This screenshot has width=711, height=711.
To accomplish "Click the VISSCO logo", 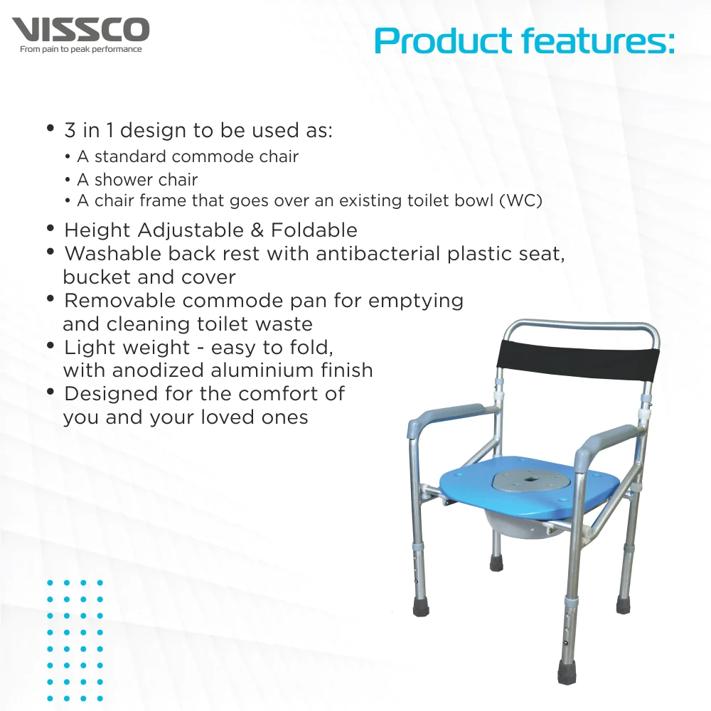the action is tap(80, 30).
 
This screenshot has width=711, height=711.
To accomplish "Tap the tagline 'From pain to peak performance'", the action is tap(81, 50).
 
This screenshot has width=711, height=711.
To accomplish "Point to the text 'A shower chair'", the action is tap(137, 180).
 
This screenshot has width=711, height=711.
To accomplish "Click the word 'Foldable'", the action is tap(314, 230).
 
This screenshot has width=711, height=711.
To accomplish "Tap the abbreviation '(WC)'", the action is tap(520, 201).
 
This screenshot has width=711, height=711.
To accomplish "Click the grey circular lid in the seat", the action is tap(529, 483).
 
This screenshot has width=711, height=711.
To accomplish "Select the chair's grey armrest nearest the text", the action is tap(449, 415).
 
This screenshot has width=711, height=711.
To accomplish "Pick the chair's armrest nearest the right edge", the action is tap(607, 442).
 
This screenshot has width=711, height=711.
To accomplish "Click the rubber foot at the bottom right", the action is tap(567, 672).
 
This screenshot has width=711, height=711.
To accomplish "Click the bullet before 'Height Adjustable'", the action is tap(50, 228).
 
